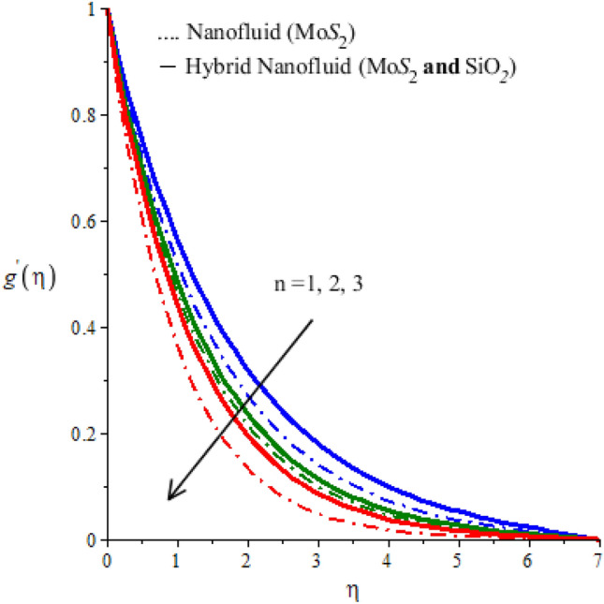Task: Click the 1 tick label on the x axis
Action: click(177, 558)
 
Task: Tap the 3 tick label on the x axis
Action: click(317, 558)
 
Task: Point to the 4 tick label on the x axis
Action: click(388, 558)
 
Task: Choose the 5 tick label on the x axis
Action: click(458, 558)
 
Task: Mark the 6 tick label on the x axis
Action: click(528, 558)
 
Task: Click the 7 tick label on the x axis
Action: click(597, 558)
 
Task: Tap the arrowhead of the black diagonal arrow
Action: click(171, 495)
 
